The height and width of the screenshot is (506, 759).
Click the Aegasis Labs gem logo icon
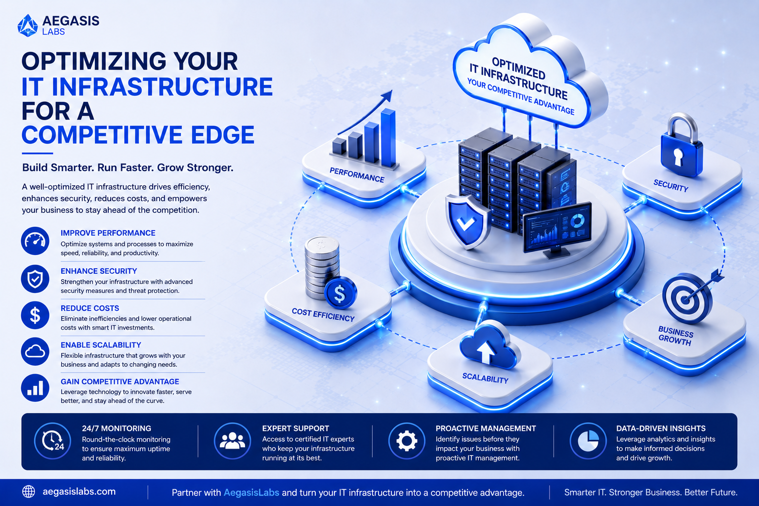pos(28,25)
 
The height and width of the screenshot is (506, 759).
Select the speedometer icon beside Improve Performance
pos(35,241)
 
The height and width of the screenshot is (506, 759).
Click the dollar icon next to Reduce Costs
pos(35,315)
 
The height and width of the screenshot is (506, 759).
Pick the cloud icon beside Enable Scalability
pos(35,351)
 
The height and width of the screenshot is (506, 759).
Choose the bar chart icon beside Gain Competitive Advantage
pos(35,388)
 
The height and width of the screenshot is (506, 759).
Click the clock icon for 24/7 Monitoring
pos(52,441)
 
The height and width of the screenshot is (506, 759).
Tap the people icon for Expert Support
pos(232,441)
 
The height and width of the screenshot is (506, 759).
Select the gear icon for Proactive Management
pos(407,441)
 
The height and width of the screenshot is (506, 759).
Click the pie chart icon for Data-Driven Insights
pos(588,441)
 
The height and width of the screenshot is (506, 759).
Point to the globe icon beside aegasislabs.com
pos(29,492)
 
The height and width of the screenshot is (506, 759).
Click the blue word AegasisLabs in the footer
pos(252,493)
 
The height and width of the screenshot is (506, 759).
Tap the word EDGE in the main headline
pos(223,135)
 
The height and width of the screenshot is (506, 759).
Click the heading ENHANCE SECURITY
pos(99,271)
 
